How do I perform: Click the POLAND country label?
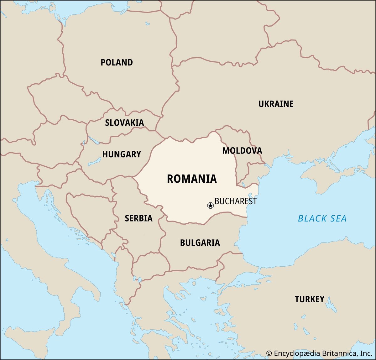coord(117,62)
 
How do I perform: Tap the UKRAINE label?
coord(276,104)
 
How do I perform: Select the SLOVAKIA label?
coord(124,123)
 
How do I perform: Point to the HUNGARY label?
coord(122,154)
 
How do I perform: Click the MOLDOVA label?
coord(242,151)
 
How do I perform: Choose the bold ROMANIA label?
coord(192,179)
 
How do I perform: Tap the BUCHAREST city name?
coord(236,201)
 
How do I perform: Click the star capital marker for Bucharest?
coord(211,206)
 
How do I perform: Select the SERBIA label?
coord(138,218)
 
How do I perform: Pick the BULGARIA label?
coord(200,243)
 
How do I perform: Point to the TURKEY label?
coord(309,299)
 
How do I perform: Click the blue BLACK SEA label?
coord(322,218)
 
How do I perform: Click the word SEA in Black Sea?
coord(338,218)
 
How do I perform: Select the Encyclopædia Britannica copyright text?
coord(319,353)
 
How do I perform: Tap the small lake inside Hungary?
coord(94,163)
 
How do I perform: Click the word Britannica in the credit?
coord(339,353)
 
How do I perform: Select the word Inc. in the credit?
coord(366,353)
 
